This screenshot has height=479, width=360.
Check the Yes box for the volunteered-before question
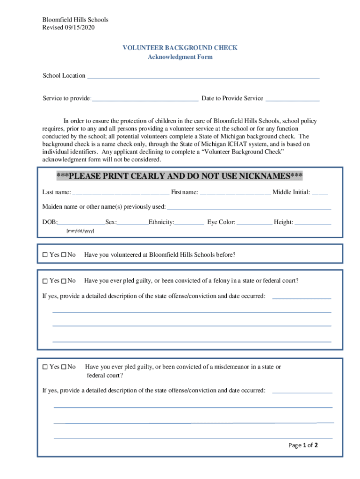coord(45,255)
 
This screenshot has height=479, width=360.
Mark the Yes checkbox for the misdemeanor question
coord(45,367)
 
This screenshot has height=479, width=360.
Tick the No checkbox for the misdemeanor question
coord(64,367)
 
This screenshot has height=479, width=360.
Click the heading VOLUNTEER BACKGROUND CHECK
coord(180,48)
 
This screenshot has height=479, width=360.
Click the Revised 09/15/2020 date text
coord(69,28)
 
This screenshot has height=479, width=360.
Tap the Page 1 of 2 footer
coord(303,445)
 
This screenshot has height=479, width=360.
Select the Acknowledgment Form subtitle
coord(180,57)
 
